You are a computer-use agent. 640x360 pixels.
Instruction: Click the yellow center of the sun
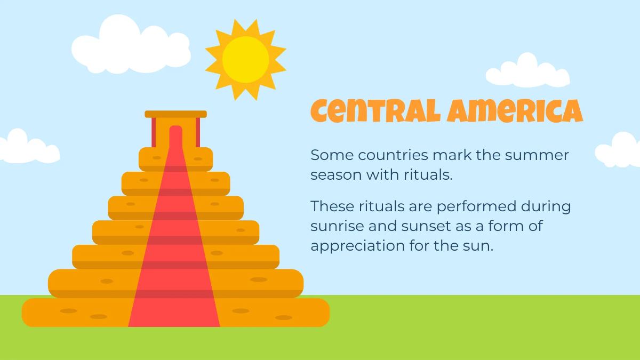[x=245, y=59]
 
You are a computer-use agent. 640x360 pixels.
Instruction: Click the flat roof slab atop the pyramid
[x=175, y=114]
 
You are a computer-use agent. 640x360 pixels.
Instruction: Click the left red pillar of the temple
[x=154, y=131]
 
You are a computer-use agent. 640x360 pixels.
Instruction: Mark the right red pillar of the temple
[x=198, y=131]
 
